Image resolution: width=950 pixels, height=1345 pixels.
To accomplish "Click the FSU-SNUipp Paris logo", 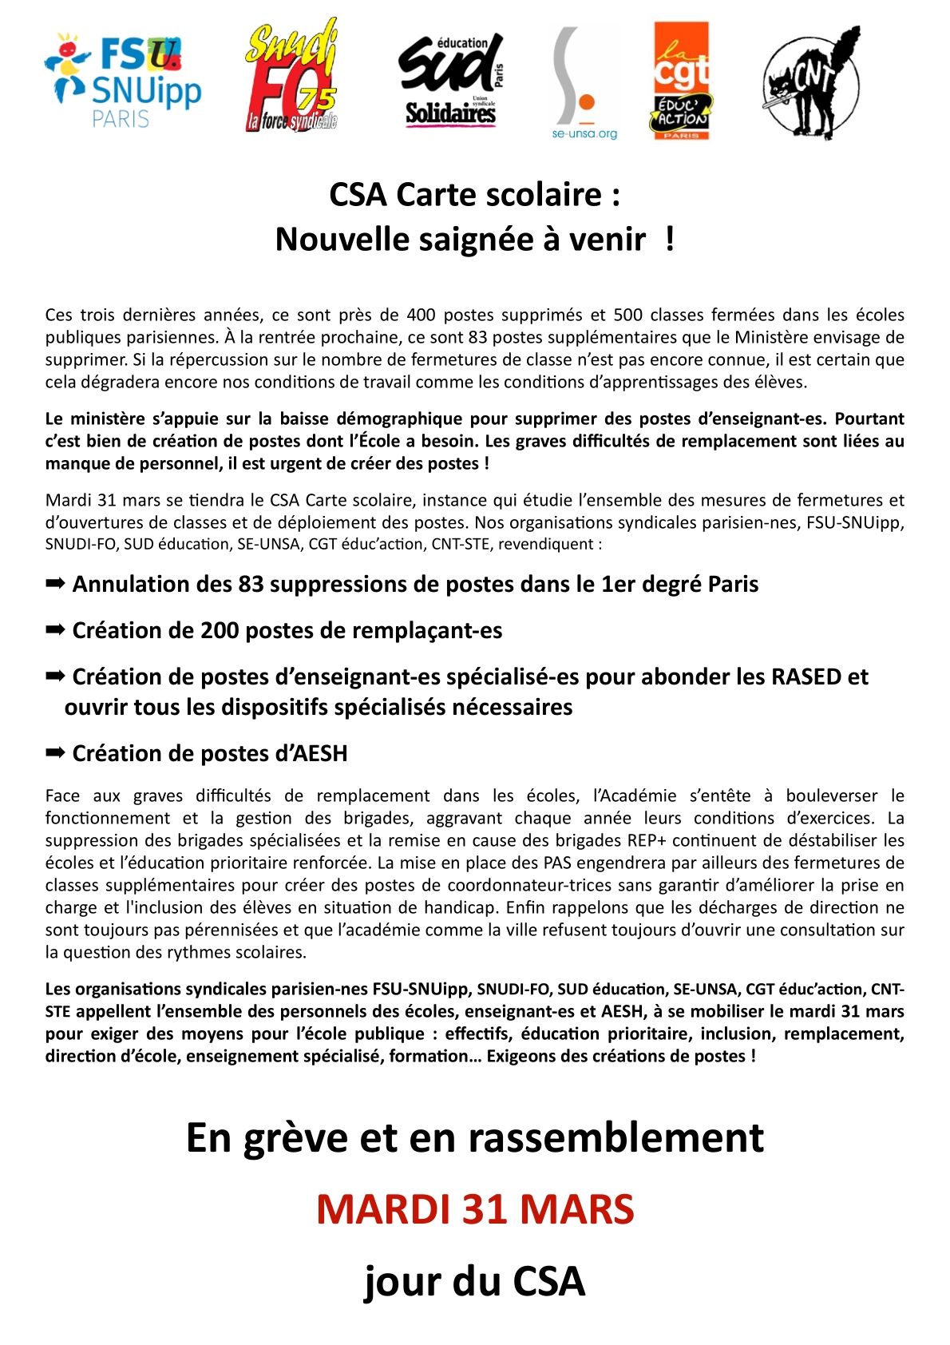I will (124, 80).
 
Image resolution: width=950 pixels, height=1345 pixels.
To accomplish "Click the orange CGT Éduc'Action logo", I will (681, 81).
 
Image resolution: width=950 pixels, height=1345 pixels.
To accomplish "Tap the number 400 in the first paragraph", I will (421, 315).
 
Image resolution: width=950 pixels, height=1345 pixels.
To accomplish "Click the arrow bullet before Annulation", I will (55, 584).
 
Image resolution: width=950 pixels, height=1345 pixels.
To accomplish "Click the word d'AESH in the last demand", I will (311, 754).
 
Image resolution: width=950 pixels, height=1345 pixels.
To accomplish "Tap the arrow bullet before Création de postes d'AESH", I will (55, 753).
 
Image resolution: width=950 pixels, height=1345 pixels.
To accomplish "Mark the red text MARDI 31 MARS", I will (475, 1209).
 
